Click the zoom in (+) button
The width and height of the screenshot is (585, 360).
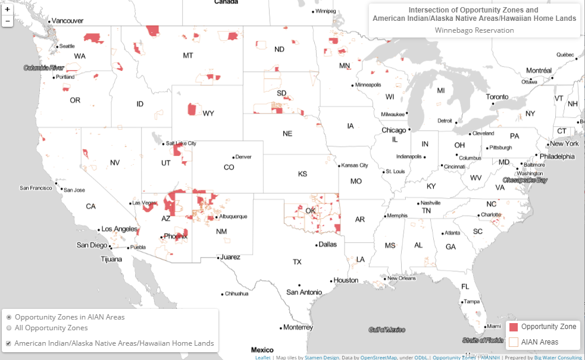pyautogui.click(x=7, y=10)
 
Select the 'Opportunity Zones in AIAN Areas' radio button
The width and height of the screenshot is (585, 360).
pyautogui.click(x=9, y=317)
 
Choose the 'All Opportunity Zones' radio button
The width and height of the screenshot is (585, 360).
pyautogui.click(x=9, y=328)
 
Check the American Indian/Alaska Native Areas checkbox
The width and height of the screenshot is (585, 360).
pyautogui.click(x=8, y=343)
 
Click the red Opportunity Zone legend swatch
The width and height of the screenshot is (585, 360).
pyautogui.click(x=513, y=327)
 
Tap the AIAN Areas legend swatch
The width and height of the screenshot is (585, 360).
pyautogui.click(x=513, y=342)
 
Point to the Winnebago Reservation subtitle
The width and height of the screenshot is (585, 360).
pyautogui.click(x=474, y=30)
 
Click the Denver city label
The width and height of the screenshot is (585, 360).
pyautogui.click(x=244, y=156)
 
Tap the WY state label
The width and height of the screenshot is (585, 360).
pyautogui.click(x=208, y=113)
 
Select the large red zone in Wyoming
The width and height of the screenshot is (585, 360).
pyautogui.click(x=192, y=109)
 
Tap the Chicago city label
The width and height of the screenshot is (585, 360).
pyautogui.click(x=393, y=130)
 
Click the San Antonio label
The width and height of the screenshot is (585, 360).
pyautogui.click(x=304, y=292)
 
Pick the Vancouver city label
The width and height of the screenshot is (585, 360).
pyautogui.click(x=67, y=20)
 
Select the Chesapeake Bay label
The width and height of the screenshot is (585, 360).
pyautogui.click(x=524, y=179)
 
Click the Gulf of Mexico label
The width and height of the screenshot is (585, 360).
pyautogui.click(x=387, y=329)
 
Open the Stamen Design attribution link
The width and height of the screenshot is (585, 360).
pyautogui.click(x=321, y=358)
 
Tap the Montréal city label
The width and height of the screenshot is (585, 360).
pyautogui.click(x=539, y=70)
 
